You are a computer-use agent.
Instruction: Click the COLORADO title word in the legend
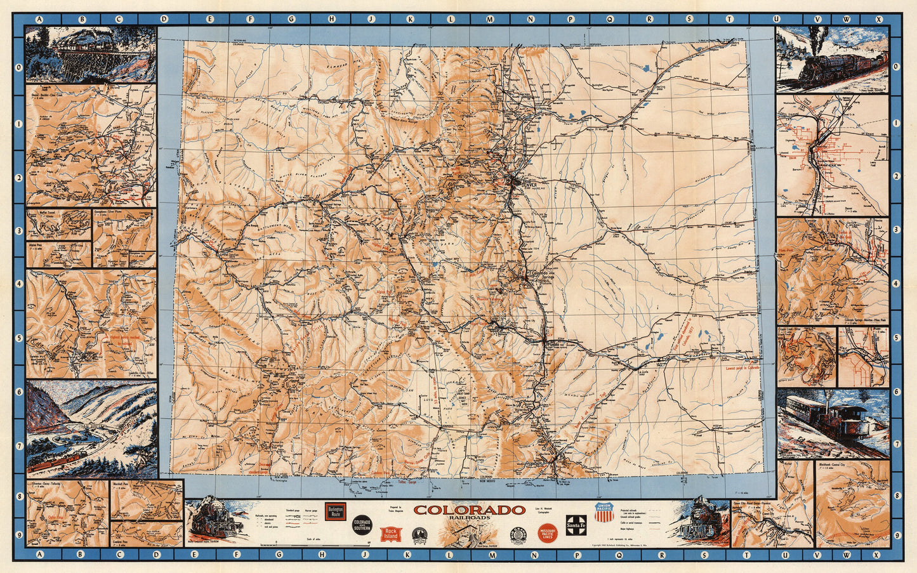tap(469, 510)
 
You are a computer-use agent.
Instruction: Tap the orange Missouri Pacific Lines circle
tap(547, 533)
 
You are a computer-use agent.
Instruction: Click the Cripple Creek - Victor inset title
tap(796, 331)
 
